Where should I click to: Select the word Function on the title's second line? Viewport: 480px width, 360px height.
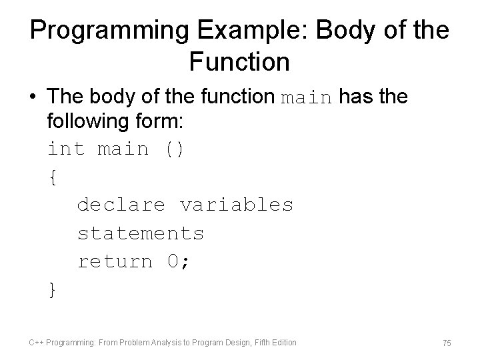[x=239, y=62]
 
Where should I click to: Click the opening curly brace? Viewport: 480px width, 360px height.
[x=53, y=177]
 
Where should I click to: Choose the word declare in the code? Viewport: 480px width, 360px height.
[x=121, y=205]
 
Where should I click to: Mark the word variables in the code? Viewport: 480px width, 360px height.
[x=236, y=205]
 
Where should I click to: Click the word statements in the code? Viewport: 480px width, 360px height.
[x=141, y=233]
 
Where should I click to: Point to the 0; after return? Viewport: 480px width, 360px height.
[x=178, y=261]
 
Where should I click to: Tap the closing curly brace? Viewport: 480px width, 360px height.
[x=53, y=290]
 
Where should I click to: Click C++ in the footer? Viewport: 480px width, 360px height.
[x=37, y=343]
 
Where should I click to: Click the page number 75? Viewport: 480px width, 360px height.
[x=446, y=343]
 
